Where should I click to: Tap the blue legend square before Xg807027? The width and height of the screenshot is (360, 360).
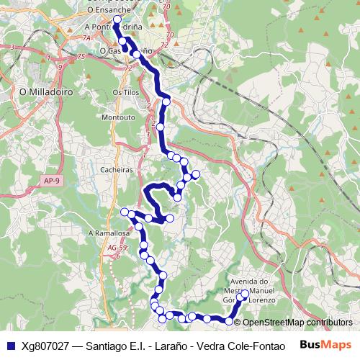pyautogui.click(x=11, y=345)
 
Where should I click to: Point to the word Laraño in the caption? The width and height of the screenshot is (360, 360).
pyautogui.click(x=160, y=345)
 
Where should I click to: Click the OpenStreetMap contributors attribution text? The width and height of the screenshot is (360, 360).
pyautogui.click(x=297, y=322)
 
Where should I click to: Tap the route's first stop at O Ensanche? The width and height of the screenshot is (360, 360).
pyautogui.click(x=117, y=21)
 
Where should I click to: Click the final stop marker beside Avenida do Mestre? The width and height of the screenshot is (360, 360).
pyautogui.click(x=245, y=293)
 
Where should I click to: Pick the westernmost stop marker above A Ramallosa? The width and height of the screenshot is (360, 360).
pyautogui.click(x=125, y=212)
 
